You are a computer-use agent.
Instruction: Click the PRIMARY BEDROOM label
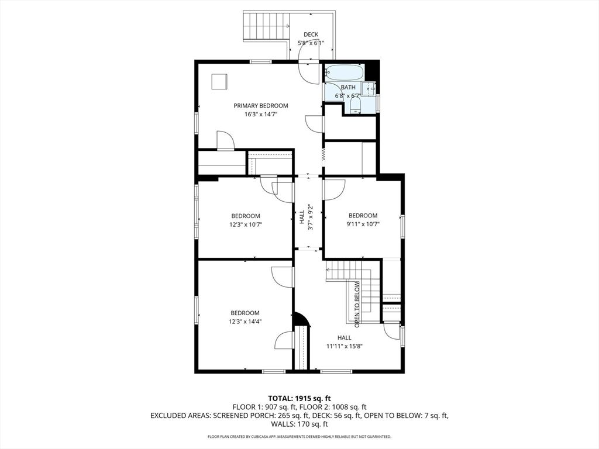(261, 106)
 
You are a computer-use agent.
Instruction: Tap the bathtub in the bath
(345, 73)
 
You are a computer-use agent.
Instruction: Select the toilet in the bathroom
(354, 106)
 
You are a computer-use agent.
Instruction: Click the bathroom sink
(369, 89)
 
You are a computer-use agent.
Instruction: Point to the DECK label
(311, 34)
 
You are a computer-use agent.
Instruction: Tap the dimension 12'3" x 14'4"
(245, 321)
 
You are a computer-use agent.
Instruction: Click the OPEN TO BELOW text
(357, 302)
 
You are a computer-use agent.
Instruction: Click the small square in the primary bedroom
(220, 81)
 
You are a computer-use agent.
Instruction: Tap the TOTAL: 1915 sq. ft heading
(299, 398)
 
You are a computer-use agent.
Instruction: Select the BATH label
(348, 87)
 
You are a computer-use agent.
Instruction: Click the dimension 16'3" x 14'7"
(261, 115)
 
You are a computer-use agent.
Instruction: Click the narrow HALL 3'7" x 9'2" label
(307, 217)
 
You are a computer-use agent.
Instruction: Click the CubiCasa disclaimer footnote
(299, 437)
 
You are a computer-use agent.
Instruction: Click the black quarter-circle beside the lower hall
(301, 319)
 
